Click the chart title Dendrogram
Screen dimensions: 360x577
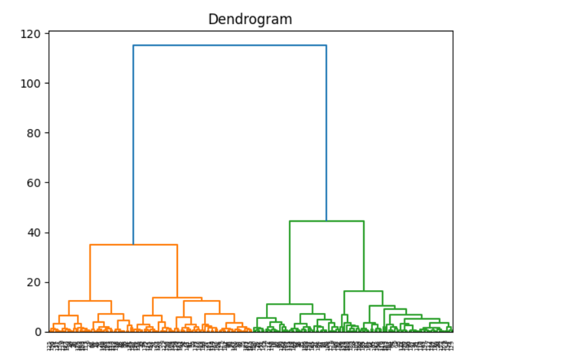click(250, 20)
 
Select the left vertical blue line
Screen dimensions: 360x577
click(134, 143)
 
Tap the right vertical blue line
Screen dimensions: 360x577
click(326, 130)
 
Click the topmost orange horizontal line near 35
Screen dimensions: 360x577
click(134, 245)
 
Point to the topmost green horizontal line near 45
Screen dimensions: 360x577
click(326, 221)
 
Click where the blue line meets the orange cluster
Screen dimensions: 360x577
click(134, 245)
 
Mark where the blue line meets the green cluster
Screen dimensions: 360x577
click(326, 221)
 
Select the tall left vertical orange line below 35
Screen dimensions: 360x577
click(90, 273)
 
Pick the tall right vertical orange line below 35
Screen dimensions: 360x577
click(177, 271)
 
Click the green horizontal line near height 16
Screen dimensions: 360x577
click(363, 291)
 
